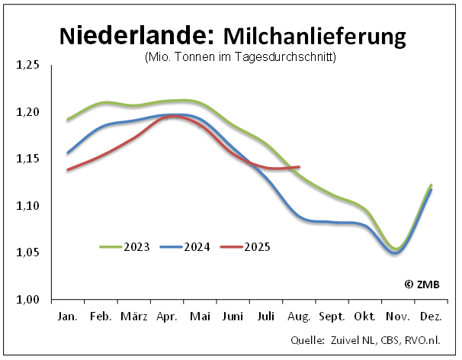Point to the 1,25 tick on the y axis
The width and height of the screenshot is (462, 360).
[x=27, y=66]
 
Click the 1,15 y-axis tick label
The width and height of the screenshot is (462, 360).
[x=27, y=159]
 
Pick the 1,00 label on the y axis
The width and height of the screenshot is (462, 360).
[x=27, y=300]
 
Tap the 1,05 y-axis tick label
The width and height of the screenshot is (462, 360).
[x=27, y=253]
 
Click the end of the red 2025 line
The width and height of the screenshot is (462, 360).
[x=299, y=167]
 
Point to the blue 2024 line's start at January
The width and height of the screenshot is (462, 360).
[x=68, y=153]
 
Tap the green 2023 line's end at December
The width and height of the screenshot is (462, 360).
[x=432, y=185]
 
